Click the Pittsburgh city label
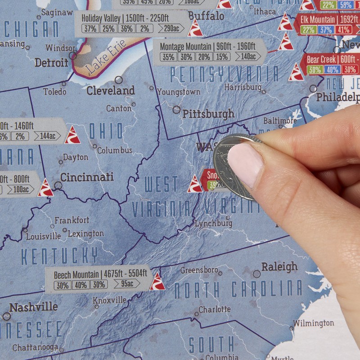pos(208,113)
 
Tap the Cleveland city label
pos(111,90)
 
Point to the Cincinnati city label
pos(87,177)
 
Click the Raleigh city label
pos(279,266)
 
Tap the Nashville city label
pos(34,307)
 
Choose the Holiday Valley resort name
pos(102,19)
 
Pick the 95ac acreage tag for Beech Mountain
pos(124,284)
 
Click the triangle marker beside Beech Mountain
pos(157,282)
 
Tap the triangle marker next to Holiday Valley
pos(196,28)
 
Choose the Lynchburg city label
pos(214,223)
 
